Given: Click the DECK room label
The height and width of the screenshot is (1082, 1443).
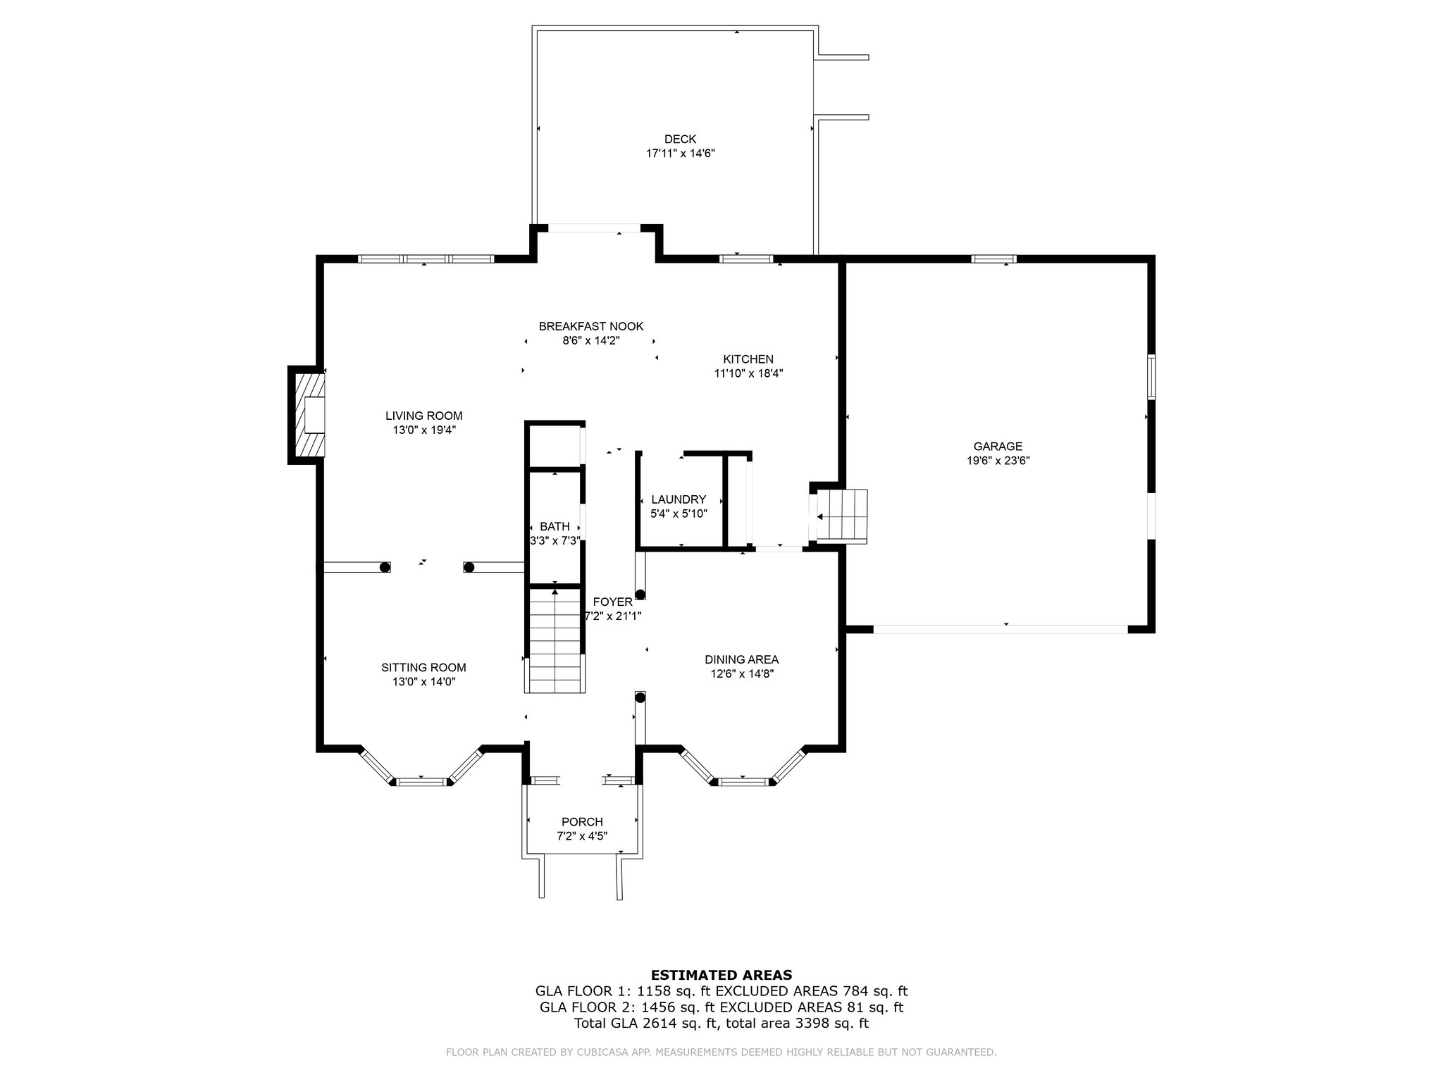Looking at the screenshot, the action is coord(680,139).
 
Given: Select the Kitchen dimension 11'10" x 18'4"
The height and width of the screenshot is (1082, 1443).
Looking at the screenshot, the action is coord(748,373).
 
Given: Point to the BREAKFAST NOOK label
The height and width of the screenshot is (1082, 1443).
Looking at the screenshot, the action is coord(591,326).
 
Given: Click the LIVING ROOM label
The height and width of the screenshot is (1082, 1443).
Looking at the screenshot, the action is coord(424,416).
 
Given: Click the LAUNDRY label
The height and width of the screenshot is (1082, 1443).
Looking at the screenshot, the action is coord(679,499).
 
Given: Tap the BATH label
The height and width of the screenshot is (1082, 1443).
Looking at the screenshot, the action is coord(555,526).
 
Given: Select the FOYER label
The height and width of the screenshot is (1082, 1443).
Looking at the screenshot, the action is coord(613,602).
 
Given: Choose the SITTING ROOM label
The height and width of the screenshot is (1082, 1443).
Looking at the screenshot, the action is coord(423,668).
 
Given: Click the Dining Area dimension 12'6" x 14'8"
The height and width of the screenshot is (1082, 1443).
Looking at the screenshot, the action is coord(741,673).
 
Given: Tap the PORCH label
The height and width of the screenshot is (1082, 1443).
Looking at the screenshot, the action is coord(582,822).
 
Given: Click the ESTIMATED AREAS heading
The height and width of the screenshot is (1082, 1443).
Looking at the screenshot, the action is coord(721,976).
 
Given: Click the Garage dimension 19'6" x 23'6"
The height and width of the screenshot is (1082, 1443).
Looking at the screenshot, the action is coord(998,461).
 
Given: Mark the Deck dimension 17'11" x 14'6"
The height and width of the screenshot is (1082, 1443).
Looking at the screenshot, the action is coord(681,153).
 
